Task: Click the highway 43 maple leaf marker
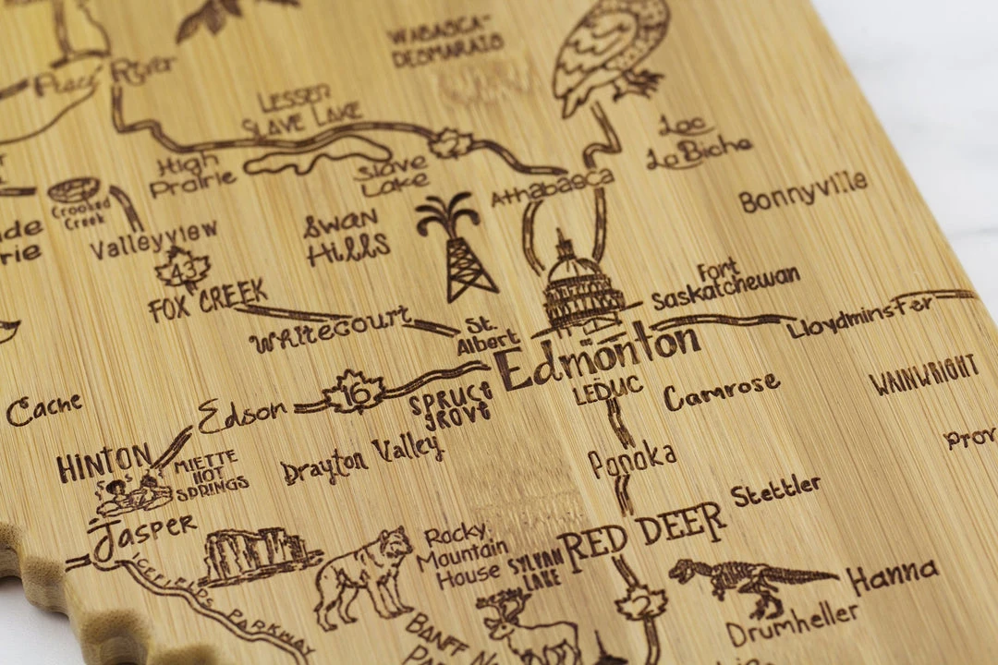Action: pyautogui.click(x=182, y=271)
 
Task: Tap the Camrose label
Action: pyautogui.click(x=721, y=392)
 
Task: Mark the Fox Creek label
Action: pyautogui.click(x=207, y=301)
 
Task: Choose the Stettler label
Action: pyautogui.click(x=775, y=490)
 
